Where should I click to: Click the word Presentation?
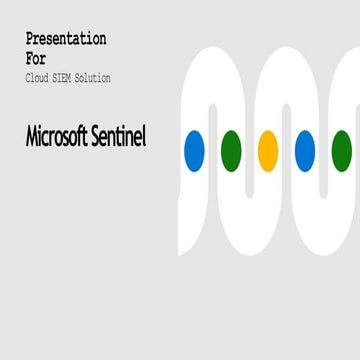(66, 39)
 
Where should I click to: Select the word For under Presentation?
(36, 58)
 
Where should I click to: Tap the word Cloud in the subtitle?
(38, 78)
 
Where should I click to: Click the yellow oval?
(268, 150)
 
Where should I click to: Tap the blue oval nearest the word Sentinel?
(194, 150)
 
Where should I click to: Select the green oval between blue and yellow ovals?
(231, 150)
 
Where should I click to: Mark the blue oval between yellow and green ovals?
(305, 150)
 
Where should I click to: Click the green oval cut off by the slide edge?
(342, 150)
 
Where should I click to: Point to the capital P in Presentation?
(30, 39)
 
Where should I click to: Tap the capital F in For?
(30, 58)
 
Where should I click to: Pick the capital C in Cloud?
(28, 78)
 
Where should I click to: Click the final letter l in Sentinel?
(144, 137)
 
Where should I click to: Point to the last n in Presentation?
(102, 40)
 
